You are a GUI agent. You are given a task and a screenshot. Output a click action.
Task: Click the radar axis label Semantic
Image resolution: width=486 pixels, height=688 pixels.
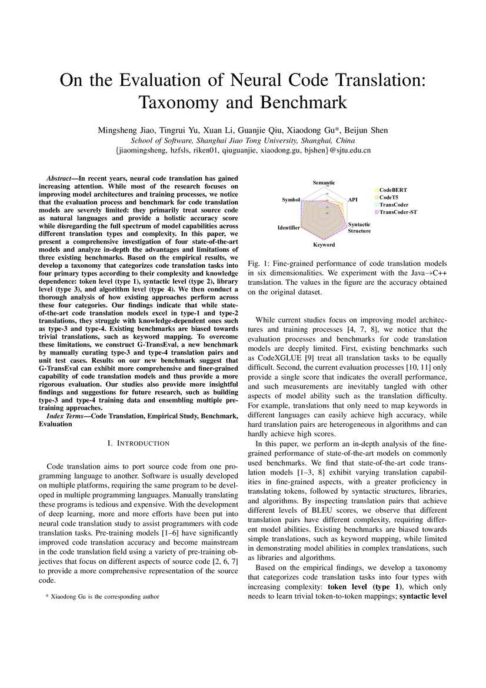coord(324,183)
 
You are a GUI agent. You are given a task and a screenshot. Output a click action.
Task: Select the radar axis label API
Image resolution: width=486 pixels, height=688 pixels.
coord(352,200)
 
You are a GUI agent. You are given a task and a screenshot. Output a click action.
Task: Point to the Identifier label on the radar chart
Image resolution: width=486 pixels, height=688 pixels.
coord(288,227)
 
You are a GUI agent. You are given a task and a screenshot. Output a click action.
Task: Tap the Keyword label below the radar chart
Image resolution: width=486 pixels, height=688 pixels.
coord(324,244)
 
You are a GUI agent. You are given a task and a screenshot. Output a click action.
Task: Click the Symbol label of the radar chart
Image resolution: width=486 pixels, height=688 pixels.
coord(291,200)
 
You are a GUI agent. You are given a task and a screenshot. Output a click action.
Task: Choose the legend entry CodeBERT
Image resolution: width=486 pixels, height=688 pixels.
coord(392,190)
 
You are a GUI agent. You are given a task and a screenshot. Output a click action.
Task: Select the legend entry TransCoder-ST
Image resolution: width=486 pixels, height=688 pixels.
coord(398,211)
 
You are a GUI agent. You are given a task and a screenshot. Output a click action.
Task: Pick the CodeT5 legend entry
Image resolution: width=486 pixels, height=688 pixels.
coord(389,197)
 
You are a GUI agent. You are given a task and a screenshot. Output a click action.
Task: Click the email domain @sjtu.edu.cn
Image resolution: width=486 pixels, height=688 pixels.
coord(350,151)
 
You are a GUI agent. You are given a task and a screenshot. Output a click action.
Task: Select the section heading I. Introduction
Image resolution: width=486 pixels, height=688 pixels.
coord(143,443)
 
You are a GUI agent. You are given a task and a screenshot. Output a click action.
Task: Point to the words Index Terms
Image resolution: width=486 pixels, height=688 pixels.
coord(66,416)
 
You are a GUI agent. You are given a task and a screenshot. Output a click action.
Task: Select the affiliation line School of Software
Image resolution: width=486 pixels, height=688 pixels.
coord(242,141)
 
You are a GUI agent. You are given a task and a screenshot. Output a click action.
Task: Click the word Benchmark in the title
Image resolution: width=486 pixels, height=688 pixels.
coord(301,102)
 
